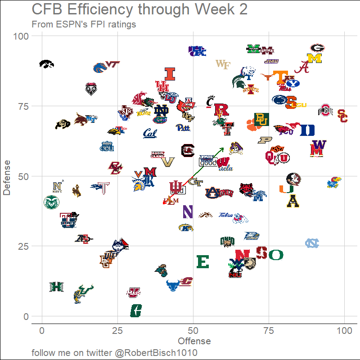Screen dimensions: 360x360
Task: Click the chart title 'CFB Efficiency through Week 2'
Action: coord(139,10)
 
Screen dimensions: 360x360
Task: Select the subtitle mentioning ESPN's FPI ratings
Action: coord(84,24)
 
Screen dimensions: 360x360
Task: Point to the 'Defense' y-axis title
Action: coord(6,176)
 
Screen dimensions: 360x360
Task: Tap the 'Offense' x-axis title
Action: coord(194,341)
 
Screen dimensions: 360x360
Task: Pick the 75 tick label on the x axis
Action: coord(269,331)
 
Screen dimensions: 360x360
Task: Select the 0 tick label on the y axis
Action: coord(26,316)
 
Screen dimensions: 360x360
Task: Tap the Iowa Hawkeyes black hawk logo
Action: coord(46,64)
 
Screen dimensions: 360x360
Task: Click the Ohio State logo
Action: coord(325,110)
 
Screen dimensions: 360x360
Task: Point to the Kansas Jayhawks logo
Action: coord(333,182)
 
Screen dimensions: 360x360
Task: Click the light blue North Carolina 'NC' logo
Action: coord(312,243)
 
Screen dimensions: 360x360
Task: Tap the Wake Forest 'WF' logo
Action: coord(223,64)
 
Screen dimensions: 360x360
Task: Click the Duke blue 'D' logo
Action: coord(307,130)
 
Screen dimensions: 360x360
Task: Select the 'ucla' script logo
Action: coord(225,168)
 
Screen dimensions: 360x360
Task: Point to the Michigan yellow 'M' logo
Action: coord(315,58)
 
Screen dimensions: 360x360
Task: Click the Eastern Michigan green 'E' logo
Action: coord(203,261)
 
